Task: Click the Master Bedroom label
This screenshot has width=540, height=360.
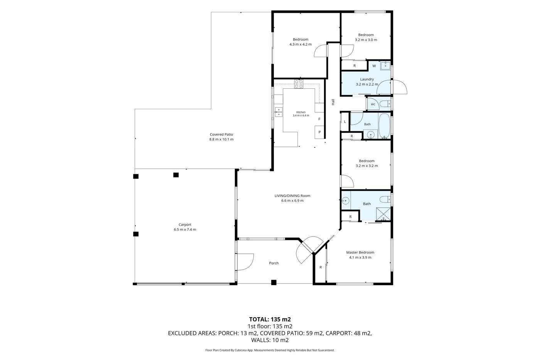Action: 360,252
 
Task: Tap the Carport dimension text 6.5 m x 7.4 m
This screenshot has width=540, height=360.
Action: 185,230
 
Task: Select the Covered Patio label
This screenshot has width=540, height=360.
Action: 221,135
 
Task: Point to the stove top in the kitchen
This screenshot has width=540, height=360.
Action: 299,84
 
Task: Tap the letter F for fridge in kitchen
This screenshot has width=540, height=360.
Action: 319,119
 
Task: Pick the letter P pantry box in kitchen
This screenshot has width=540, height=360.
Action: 319,132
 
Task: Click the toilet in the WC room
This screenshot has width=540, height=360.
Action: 385,104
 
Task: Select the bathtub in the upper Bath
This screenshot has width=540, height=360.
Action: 384,126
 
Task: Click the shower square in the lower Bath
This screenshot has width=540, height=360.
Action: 383,214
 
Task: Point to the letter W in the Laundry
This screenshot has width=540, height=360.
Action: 374,66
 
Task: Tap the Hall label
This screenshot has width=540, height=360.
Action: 333,102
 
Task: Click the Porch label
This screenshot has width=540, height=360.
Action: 274,263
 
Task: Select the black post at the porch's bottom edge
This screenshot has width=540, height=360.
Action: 273,282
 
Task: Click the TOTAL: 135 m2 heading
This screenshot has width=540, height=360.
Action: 270,319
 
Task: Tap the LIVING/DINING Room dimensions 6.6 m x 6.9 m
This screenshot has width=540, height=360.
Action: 292,201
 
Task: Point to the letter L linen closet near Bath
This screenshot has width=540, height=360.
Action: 345,122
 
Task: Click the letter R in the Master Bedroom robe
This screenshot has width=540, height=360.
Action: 321,267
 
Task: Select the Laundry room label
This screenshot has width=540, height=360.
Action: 367,79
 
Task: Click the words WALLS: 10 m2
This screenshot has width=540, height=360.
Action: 270,340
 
